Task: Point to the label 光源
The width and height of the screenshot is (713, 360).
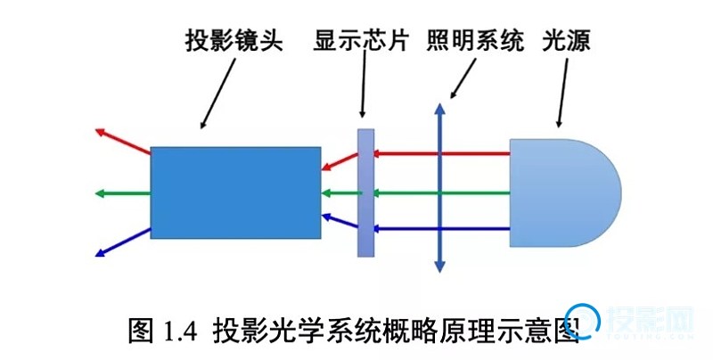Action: [x=567, y=42]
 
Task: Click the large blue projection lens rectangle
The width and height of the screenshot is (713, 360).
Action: [x=235, y=192]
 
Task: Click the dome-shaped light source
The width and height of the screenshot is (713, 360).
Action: [x=561, y=192]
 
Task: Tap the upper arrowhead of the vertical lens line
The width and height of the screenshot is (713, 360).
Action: [x=438, y=109]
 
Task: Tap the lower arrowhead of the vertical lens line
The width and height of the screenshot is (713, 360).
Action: [x=438, y=266]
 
